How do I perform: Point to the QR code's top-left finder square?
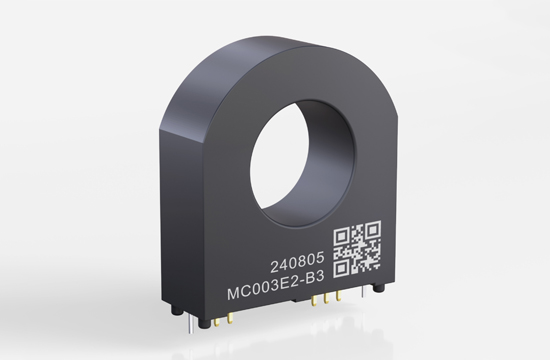click(341, 236)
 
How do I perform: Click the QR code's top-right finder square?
click(373, 229)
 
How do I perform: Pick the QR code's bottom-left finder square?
click(341, 268)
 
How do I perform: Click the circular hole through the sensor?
click(303, 162)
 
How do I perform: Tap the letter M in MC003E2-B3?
click(234, 293)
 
